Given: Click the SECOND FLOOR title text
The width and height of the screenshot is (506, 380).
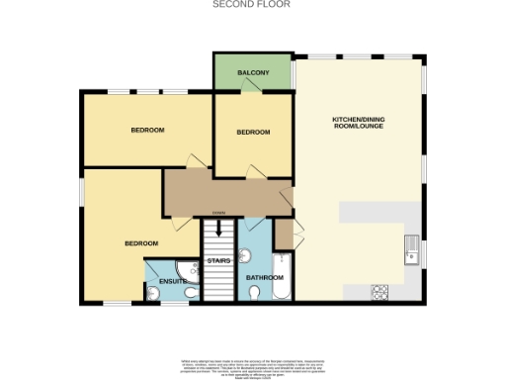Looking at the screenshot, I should [252, 4].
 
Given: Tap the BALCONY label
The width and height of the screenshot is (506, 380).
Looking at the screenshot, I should [254, 72].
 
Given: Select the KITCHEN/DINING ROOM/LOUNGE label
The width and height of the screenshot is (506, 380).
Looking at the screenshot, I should [360, 125].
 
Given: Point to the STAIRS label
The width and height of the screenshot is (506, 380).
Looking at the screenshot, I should [217, 261].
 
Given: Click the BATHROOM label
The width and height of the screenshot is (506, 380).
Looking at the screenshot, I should [265, 278].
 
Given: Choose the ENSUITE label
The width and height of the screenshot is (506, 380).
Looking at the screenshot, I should [173, 282].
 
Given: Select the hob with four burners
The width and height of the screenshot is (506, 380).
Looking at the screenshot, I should [379, 291].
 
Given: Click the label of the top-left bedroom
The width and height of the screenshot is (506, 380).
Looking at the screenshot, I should [147, 130].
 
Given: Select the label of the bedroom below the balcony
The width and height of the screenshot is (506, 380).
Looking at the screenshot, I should [253, 132].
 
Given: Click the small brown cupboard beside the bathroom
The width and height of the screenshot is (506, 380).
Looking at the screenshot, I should [283, 234].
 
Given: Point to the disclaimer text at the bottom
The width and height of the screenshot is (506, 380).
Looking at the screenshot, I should [252, 360].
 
